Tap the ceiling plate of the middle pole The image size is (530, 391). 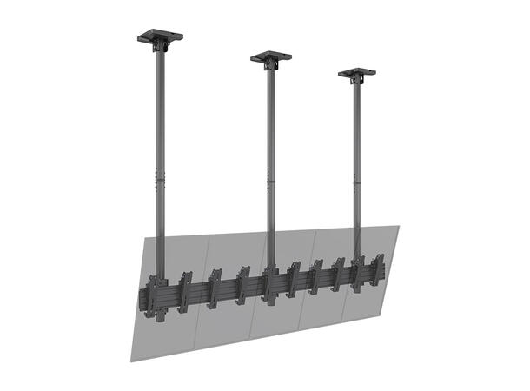[x=271, y=56]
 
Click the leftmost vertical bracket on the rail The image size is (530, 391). [x=153, y=295]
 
